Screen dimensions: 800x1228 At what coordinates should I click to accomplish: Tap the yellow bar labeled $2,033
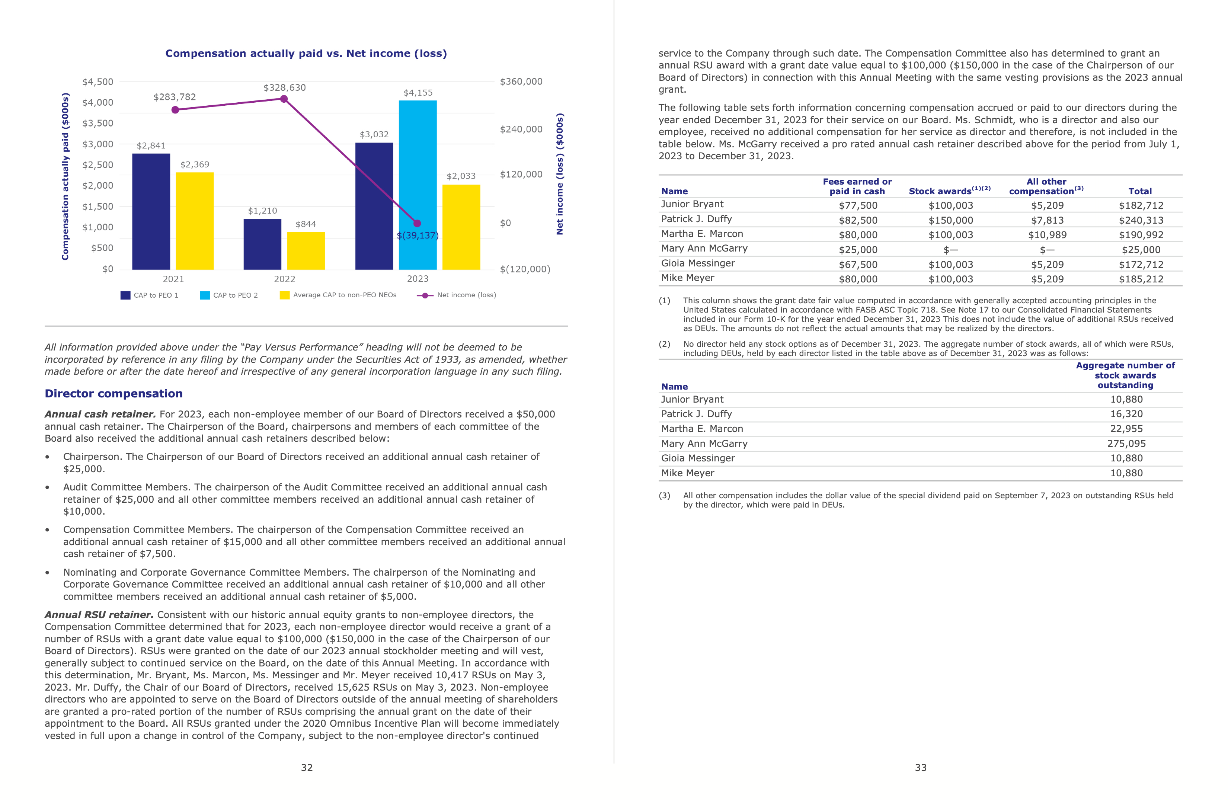coord(461,227)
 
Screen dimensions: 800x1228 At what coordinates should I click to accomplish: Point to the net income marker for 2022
coord(284,99)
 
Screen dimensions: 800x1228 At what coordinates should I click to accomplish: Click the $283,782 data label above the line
coord(175,97)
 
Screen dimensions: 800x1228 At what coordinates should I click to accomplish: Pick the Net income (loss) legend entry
coord(457,295)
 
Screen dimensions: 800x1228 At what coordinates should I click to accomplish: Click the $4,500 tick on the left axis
coord(97,82)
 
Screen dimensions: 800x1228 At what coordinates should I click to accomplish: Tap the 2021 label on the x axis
coord(173,279)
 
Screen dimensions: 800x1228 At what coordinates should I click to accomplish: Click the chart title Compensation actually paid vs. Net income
coord(306,54)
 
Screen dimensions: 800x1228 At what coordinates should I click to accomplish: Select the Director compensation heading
coord(113,394)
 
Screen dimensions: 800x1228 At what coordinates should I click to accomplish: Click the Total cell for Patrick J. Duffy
coord(1141,220)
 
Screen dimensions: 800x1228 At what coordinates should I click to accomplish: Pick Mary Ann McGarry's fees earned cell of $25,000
coord(857,250)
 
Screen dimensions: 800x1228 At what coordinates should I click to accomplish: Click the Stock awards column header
coord(949,191)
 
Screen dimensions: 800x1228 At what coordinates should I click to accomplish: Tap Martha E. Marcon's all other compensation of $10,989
coord(1047,235)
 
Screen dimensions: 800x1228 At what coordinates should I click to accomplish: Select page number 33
coord(921,768)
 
